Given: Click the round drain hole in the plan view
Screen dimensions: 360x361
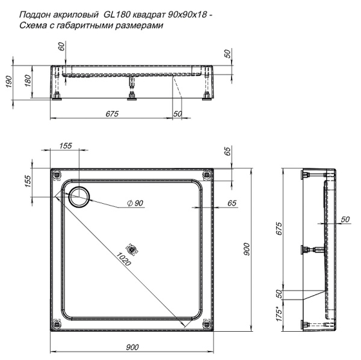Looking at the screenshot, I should (79, 195).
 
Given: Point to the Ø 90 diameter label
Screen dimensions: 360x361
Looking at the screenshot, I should (135, 204).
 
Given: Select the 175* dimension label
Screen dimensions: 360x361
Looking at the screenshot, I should (279, 315).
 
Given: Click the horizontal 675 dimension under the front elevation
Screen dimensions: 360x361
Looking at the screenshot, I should (112, 114).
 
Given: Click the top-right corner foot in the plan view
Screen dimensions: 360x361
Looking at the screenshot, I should (208, 175).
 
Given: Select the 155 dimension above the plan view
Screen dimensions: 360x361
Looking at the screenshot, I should (66, 146).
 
